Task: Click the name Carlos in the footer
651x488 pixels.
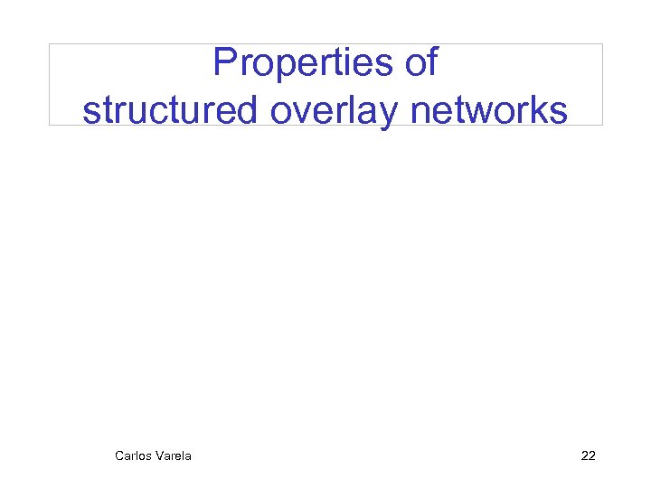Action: [133, 455]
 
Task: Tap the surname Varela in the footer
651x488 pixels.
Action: [174, 455]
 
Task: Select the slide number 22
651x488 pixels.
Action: [588, 455]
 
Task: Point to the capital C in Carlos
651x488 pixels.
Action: [119, 455]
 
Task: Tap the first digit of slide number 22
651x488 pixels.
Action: [584, 455]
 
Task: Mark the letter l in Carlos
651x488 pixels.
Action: [137, 455]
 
